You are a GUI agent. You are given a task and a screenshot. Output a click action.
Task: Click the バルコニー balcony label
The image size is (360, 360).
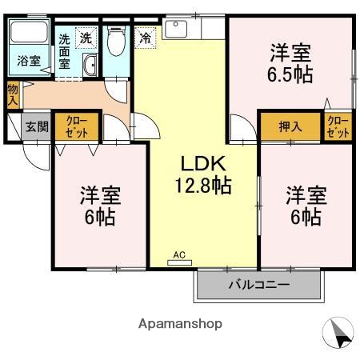(258, 285)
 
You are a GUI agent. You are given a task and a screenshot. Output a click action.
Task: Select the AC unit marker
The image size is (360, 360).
(179, 255)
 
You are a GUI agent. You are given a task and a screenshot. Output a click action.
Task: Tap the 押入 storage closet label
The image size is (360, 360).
(290, 126)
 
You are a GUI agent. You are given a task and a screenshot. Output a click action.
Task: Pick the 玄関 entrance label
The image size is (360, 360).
(36, 126)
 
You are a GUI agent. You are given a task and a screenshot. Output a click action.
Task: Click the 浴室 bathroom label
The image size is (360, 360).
(30, 60)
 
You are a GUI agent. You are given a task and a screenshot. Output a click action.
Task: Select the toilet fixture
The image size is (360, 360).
(115, 40)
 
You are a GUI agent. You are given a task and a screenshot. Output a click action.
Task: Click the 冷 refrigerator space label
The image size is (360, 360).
(146, 36)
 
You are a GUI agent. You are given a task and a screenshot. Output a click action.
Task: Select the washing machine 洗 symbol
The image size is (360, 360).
(86, 37)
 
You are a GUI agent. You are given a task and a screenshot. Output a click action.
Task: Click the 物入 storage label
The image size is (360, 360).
(13, 95)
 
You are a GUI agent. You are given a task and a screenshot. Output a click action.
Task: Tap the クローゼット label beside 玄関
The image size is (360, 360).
(77, 126)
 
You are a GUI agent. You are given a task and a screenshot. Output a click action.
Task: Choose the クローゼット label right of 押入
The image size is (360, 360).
(338, 126)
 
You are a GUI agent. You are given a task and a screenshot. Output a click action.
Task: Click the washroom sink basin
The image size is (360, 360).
(89, 66)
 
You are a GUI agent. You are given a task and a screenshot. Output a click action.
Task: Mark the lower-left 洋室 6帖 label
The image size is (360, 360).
(100, 206)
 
